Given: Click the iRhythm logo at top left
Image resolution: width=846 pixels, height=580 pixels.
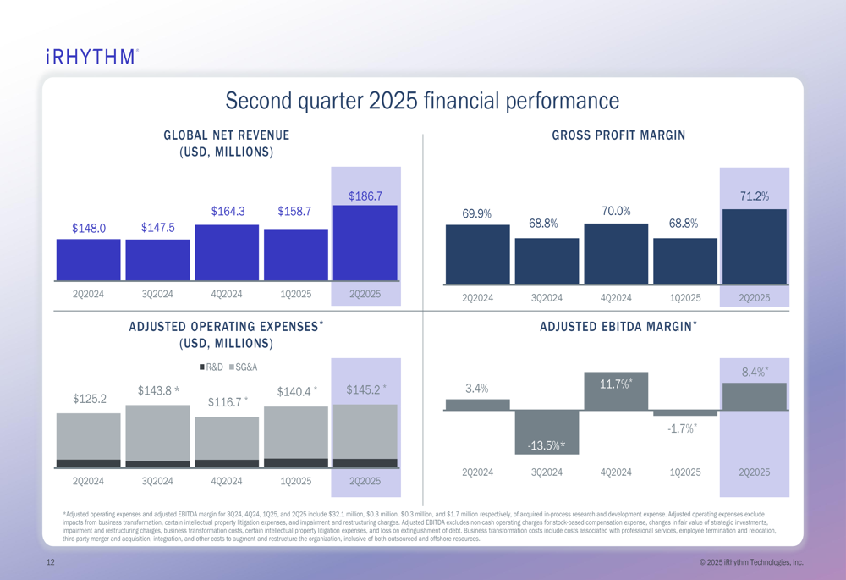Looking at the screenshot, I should [x=91, y=57].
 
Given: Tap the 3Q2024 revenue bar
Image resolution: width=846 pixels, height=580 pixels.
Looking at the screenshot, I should [x=157, y=259].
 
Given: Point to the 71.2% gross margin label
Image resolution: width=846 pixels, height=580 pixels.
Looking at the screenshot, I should [x=754, y=196].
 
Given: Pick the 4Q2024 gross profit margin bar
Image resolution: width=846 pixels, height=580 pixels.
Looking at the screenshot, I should [x=616, y=253].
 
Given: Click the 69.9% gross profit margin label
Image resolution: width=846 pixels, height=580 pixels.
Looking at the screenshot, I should [x=477, y=213].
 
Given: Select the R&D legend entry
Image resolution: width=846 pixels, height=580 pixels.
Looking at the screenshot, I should [x=211, y=367].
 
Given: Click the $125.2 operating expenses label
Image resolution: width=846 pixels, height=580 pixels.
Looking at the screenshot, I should [x=90, y=399].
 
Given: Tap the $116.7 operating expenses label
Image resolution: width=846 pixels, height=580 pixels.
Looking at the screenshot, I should [x=228, y=402].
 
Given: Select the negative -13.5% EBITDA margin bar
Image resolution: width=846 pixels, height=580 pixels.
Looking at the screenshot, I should [x=547, y=432].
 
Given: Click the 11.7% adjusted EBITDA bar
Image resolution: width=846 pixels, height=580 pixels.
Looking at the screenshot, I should [x=616, y=391].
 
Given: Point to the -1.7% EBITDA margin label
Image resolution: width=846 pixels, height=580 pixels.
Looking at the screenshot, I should [x=681, y=428].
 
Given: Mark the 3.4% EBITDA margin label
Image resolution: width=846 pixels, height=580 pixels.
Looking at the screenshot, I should [x=477, y=389].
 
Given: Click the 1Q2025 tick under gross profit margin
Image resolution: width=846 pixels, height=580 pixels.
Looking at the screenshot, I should [x=685, y=298].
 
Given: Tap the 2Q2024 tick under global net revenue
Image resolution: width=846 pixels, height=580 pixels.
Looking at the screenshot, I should [x=88, y=294].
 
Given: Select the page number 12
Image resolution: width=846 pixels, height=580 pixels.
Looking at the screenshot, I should [x=51, y=563].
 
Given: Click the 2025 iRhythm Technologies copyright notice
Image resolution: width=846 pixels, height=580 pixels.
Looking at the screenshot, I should [x=751, y=563].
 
